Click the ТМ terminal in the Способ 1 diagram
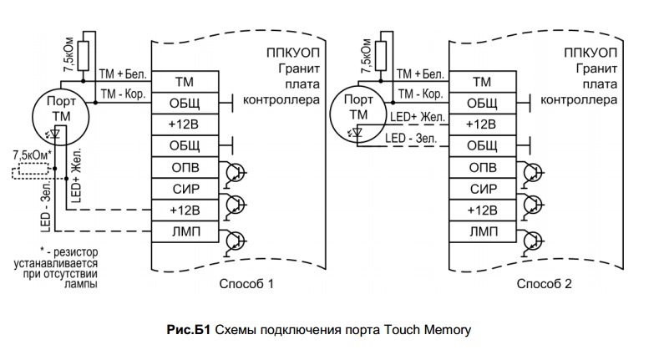185,81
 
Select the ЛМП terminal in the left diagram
185,229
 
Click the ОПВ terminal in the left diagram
185,166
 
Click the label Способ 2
544,284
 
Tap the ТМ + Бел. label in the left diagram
123,76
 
